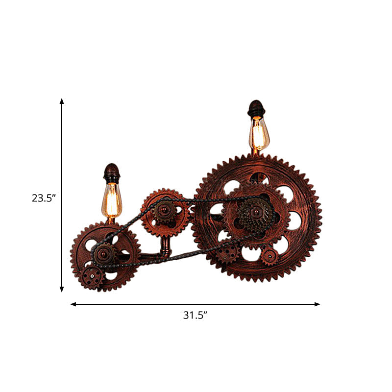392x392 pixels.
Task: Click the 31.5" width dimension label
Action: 196,316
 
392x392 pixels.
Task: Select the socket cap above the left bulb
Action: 112,172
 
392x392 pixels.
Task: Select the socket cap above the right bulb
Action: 256,109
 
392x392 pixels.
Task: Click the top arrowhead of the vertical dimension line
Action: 62,101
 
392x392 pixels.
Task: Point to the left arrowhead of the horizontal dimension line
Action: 73,304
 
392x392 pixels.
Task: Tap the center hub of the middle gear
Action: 164,211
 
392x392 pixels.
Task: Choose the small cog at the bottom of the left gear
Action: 92,277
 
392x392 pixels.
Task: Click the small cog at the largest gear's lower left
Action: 226,253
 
